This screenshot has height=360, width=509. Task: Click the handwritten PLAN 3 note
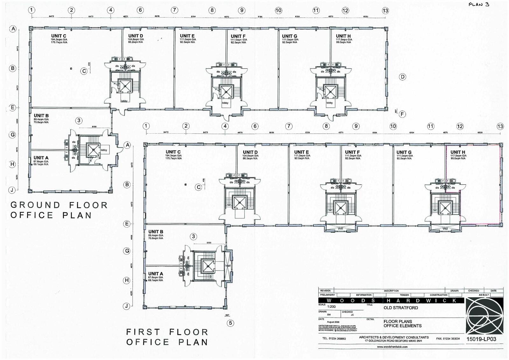tap(478, 4)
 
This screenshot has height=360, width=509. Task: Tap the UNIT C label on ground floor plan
tap(59, 36)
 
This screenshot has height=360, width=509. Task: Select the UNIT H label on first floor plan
tap(458, 152)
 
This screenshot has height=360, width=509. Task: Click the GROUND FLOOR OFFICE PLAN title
tap(59, 210)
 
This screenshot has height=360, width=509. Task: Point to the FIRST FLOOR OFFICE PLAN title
tap(167, 337)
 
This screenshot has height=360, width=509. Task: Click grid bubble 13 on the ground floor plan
tap(385, 11)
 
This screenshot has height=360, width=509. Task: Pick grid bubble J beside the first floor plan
tap(127, 306)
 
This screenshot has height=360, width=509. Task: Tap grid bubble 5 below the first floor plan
tap(230, 323)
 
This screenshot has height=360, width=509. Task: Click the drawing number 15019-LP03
tap(481, 339)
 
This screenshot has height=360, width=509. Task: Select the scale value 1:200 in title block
tap(331, 307)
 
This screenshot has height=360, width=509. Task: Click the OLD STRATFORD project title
tap(401, 308)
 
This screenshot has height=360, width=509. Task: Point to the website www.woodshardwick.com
tap(392, 347)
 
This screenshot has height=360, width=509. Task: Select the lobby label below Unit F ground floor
tap(225, 103)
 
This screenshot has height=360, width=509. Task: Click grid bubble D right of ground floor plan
tap(402, 77)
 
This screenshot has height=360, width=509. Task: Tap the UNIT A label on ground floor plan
tap(41, 158)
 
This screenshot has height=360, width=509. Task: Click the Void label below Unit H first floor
tap(445, 229)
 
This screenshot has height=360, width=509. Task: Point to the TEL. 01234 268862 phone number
tap(334, 339)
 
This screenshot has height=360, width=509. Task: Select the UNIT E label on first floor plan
tap(301, 152)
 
